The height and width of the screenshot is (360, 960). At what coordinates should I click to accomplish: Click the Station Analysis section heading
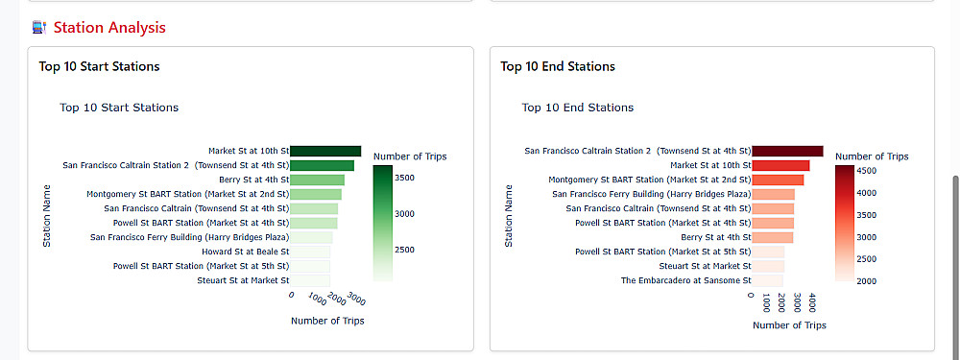point(109,28)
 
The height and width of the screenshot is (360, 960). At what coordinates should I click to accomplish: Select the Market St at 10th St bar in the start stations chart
point(325,151)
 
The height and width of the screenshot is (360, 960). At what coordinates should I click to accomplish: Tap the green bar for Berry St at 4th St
point(317,180)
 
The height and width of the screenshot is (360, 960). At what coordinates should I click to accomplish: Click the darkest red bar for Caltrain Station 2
point(787,151)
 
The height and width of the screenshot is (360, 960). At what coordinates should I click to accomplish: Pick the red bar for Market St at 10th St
point(780,165)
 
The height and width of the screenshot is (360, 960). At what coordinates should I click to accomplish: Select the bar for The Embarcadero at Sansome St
point(767,281)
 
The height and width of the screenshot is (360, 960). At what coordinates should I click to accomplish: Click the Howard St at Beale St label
point(245,252)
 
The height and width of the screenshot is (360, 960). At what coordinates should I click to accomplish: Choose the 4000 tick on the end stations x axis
point(812,303)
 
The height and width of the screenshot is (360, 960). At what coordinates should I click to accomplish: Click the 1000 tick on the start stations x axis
point(317,300)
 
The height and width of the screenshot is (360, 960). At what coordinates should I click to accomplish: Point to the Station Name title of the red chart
point(509,216)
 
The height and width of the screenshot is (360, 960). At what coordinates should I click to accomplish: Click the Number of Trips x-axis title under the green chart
point(327,321)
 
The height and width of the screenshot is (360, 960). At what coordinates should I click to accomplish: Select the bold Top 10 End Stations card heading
point(558,66)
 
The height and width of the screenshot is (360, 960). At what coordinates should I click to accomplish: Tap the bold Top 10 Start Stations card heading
point(99,66)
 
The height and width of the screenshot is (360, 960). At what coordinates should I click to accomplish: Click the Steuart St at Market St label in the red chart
point(705,266)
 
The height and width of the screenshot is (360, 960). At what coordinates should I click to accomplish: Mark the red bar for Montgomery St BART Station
point(778,180)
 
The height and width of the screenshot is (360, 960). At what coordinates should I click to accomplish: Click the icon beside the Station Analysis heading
point(39,28)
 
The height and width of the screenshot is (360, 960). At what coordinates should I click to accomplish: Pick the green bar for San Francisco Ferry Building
point(311,237)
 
